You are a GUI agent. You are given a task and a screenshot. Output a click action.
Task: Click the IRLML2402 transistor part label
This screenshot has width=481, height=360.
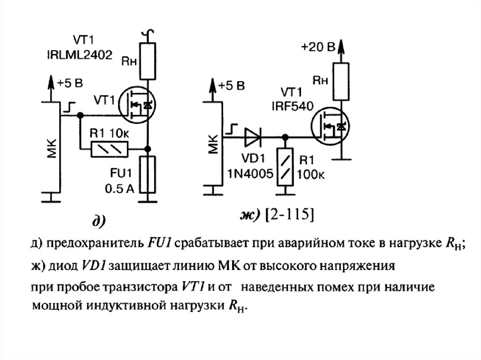coord(86,55)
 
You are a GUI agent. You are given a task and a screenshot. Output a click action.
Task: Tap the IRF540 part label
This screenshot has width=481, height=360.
coord(292,107)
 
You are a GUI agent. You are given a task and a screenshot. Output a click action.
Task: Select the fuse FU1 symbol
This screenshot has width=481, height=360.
coord(148,176)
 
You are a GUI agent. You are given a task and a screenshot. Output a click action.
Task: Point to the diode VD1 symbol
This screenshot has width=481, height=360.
coord(254,137)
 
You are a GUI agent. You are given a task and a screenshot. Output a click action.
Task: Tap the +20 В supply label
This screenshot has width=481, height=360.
coord(318,47)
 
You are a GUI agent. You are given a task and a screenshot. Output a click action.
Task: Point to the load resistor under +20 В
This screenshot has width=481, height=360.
coord(341,81)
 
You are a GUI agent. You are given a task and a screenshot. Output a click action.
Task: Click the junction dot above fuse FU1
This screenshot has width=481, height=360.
coord(148,149)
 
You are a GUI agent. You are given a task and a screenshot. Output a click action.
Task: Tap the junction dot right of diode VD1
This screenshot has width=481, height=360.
coord(285,137)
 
